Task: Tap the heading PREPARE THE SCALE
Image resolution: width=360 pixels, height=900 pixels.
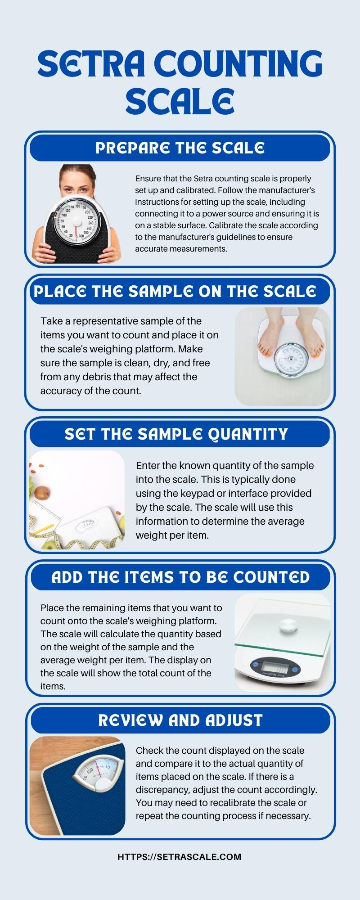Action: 180,148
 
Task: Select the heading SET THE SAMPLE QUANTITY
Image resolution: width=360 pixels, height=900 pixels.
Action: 176,434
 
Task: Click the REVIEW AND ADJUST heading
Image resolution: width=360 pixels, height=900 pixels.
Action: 180,720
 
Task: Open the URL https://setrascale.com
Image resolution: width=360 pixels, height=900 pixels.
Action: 180,857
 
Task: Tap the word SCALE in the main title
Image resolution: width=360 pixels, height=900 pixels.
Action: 180,101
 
